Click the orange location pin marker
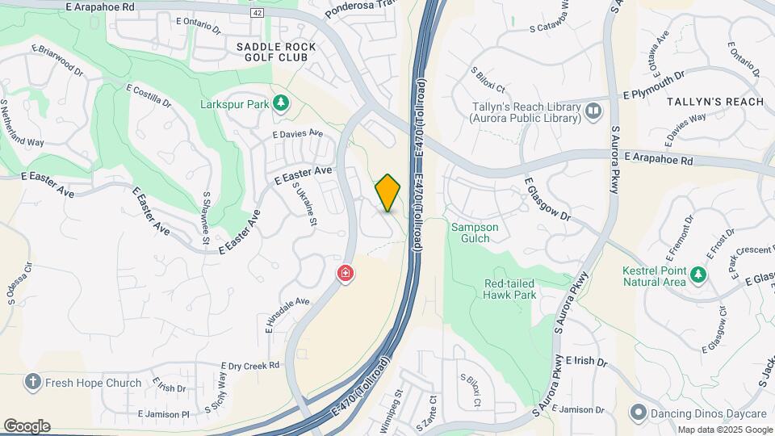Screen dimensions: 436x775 coord(387,192)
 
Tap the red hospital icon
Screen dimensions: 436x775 coord(346,275)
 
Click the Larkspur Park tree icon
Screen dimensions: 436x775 coord(281,103)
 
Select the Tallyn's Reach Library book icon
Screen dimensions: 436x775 coord(594,111)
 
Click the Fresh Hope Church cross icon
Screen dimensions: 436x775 coord(32,383)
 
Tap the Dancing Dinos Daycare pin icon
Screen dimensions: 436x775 coord(639,413)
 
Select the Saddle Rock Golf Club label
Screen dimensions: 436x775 coord(276,52)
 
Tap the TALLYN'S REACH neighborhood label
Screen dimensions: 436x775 coord(714,102)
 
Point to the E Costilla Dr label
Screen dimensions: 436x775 coord(149,97)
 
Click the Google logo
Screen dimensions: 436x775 coord(27,426)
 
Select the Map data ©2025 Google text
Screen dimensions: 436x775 coord(724,430)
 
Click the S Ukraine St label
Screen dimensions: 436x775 coord(305,206)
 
